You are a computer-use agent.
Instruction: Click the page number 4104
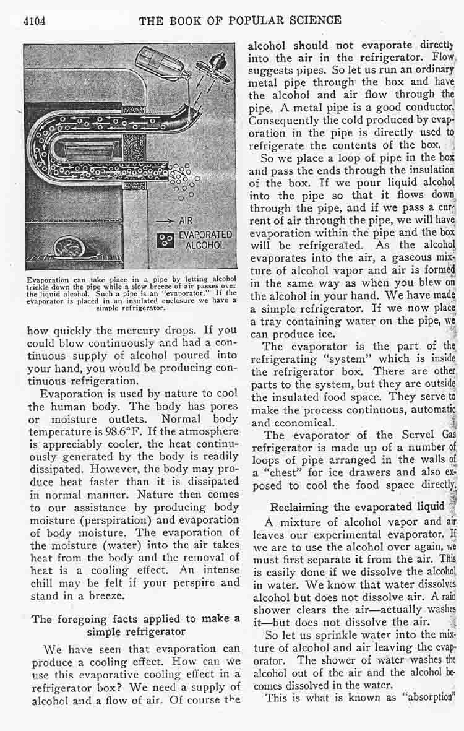coord(35,20)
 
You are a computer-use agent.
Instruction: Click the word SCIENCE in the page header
coord(312,20)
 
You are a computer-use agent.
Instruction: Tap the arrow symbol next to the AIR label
coord(162,220)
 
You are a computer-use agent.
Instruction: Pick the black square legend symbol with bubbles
coord(165,240)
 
